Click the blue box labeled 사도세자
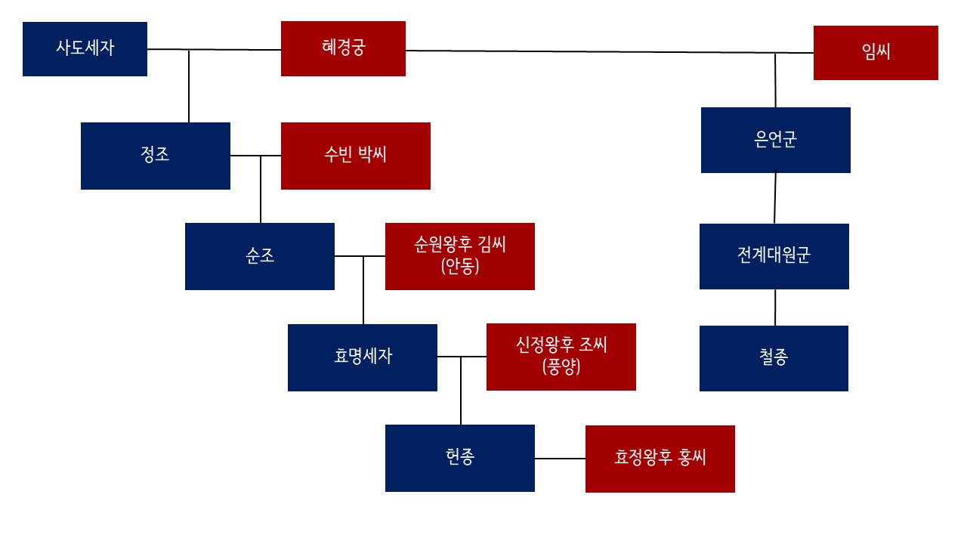pos(85,49)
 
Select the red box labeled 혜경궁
pos(343,48)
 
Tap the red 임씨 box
pos(876,52)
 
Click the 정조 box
pos(155,156)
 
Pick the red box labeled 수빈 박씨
pos(355,156)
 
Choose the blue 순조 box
pos(259,256)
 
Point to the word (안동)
pos(459,266)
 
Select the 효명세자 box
pos(362,357)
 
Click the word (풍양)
pos(561,367)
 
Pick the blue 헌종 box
pos(459,458)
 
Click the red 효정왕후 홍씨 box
pos(660,459)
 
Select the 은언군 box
pos(775,140)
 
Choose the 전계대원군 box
pos(774,256)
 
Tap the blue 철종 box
pos(774,358)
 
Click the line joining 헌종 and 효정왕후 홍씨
pos(560,459)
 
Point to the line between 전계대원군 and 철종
pos(775,308)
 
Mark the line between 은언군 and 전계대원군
pos(775,198)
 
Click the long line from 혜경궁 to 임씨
pos(604,52)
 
